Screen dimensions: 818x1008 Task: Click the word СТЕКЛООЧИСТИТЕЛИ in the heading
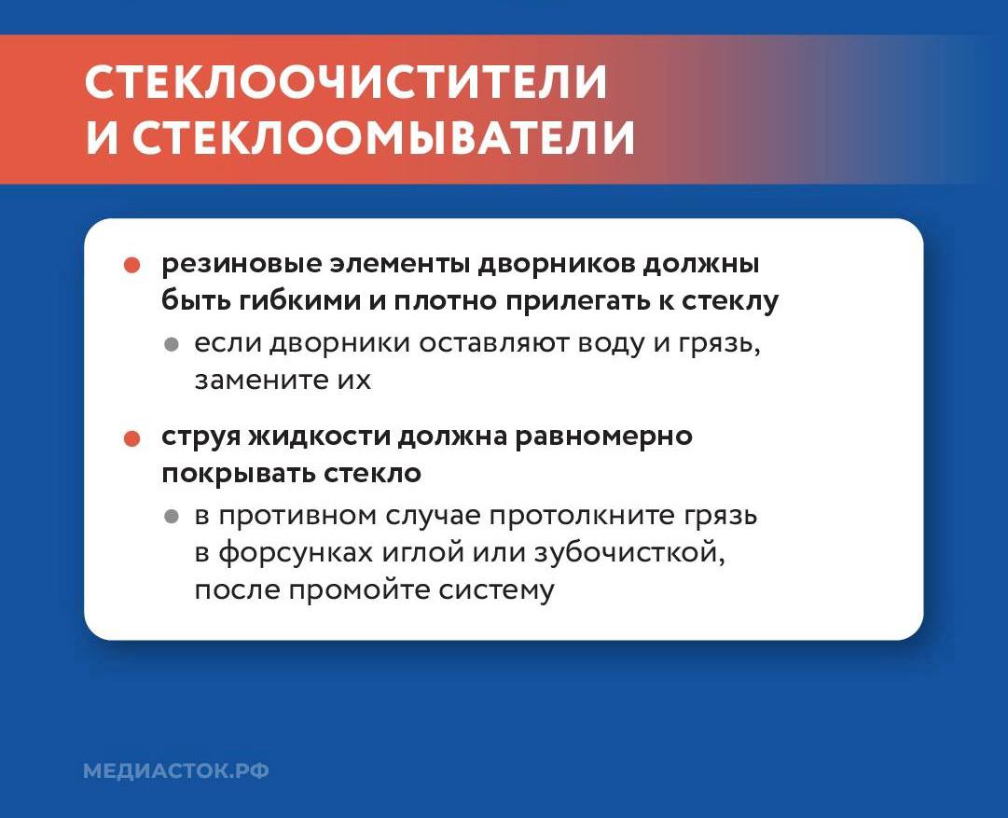(x=346, y=83)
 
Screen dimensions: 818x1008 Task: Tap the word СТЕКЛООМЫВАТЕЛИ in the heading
(x=383, y=137)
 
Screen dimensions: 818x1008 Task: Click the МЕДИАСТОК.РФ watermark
(x=176, y=771)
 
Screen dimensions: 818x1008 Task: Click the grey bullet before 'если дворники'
(x=171, y=344)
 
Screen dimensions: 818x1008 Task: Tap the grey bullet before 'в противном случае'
(x=171, y=516)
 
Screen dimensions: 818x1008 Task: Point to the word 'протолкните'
(x=558, y=516)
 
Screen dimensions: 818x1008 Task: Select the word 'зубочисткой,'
(x=628, y=553)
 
